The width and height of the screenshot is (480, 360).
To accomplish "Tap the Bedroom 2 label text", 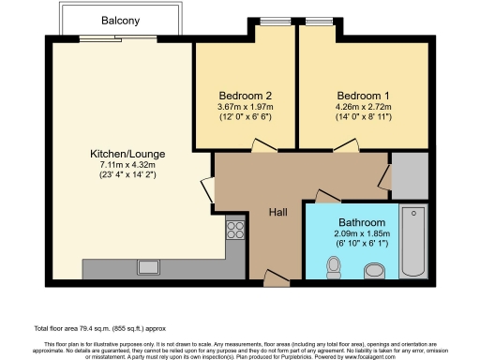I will click(246, 96).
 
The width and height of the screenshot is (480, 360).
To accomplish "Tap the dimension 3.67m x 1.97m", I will click(246, 107).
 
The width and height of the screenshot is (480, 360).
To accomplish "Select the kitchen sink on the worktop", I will click(148, 265).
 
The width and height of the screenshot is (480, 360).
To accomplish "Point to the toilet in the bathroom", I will click(334, 267).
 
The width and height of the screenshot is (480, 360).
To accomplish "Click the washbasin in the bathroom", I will click(373, 271).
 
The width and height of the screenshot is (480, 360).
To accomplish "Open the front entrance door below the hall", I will click(276, 277).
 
